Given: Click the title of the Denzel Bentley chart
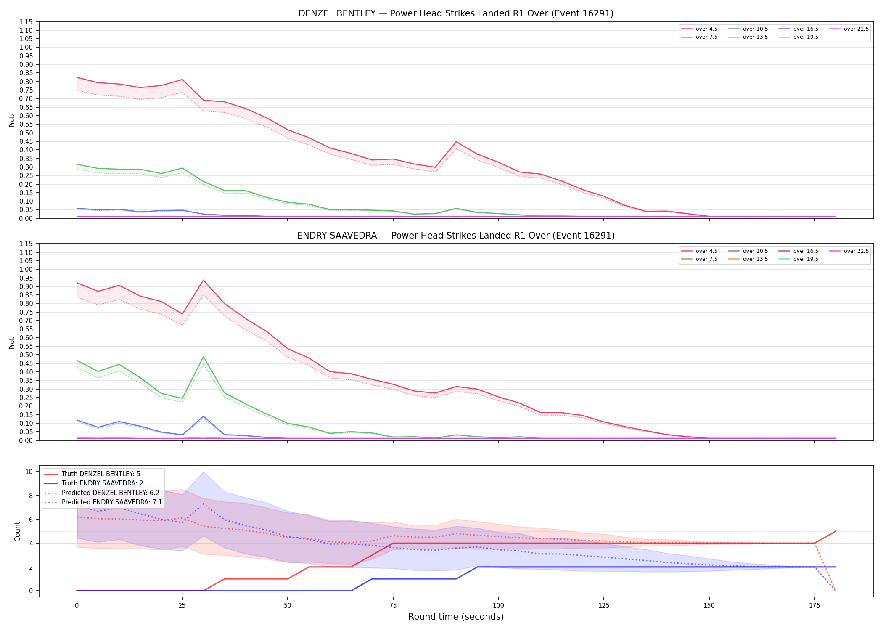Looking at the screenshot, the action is [456, 13].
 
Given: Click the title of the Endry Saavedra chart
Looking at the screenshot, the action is [456, 236].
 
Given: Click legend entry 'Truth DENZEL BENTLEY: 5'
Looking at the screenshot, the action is [101, 474].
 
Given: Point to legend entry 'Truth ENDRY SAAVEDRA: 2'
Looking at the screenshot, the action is [103, 483].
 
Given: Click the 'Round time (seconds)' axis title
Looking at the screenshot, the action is [456, 617].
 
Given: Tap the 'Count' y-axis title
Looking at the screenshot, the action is [17, 531].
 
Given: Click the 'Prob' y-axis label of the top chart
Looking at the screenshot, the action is [12, 120].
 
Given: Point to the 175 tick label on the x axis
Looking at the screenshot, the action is [814, 606].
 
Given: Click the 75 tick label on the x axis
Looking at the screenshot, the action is [393, 606].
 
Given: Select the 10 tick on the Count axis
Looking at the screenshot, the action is [29, 472].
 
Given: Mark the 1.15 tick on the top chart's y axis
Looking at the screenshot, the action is [26, 22].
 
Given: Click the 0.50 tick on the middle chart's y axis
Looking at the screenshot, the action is [26, 355].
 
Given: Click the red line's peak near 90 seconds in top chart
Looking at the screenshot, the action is [456, 142].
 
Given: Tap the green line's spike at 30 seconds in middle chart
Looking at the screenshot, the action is [204, 357].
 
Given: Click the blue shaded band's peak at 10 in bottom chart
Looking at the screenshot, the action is [204, 472].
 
